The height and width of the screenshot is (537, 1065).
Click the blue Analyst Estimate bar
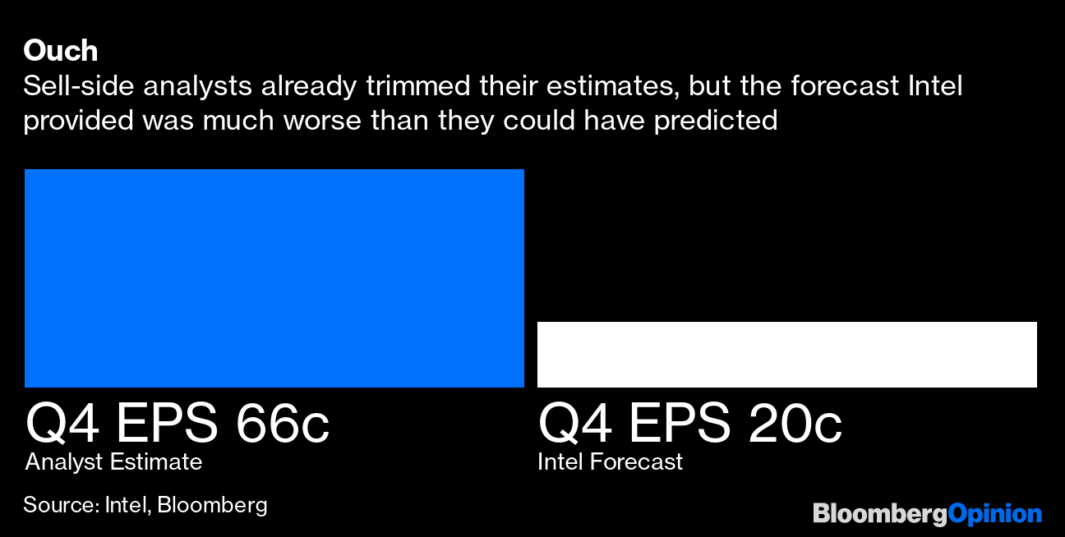click(274, 278)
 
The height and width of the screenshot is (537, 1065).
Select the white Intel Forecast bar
click(786, 354)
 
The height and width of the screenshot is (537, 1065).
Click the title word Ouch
click(60, 51)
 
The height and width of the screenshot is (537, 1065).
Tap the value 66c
click(282, 425)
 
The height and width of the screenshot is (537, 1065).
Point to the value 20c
click(795, 425)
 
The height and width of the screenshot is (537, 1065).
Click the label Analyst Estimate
click(113, 462)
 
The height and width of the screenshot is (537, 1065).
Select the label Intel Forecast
click(610, 462)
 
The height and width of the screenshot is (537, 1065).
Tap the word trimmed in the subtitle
click(437, 86)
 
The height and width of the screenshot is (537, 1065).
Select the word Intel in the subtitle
click(934, 86)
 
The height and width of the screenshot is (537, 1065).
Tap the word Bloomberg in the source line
click(212, 504)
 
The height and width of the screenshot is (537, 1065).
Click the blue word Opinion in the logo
click(995, 514)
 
